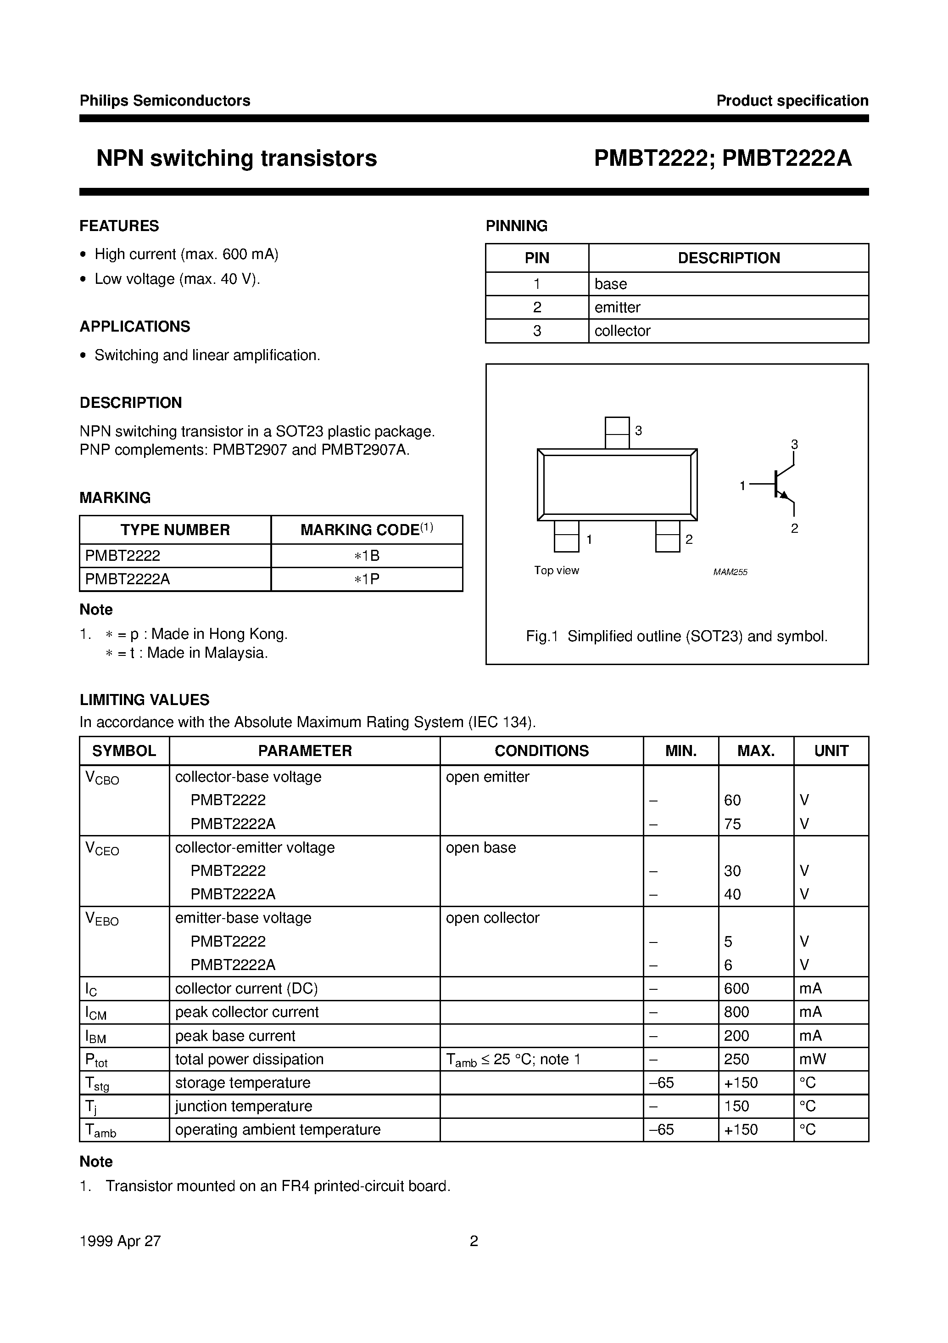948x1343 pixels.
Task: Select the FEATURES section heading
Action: [119, 226]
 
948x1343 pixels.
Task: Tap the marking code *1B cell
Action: [367, 556]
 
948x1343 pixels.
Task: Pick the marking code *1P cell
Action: [367, 579]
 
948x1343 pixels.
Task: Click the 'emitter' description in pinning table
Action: [617, 307]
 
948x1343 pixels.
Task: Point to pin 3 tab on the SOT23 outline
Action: [617, 432]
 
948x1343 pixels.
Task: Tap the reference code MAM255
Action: [730, 572]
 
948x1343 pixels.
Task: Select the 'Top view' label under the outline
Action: [557, 570]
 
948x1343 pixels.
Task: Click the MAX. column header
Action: [756, 750]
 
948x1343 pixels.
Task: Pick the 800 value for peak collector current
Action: [736, 1012]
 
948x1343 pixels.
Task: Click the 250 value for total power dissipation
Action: [736, 1059]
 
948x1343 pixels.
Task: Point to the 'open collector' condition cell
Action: [492, 918]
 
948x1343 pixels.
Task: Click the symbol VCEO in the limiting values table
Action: [102, 849]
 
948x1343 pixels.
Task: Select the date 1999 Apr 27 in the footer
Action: [120, 1241]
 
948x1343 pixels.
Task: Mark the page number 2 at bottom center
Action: [474, 1241]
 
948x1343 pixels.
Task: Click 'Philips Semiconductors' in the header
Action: [165, 101]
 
